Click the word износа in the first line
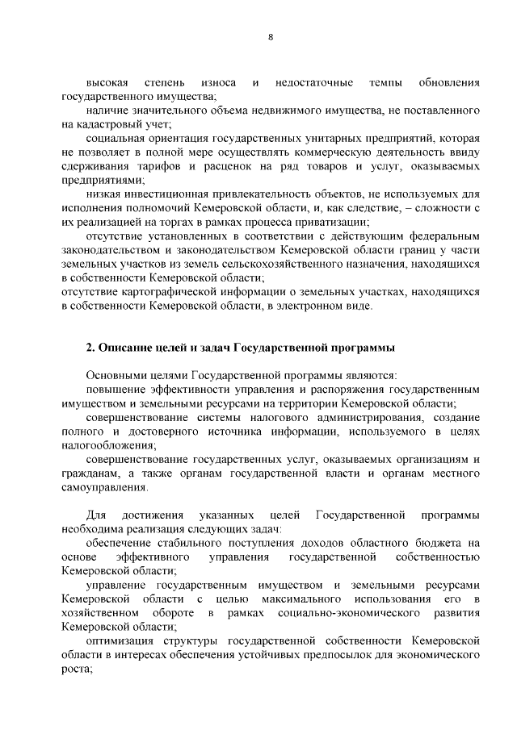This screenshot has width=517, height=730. (x=219, y=83)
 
